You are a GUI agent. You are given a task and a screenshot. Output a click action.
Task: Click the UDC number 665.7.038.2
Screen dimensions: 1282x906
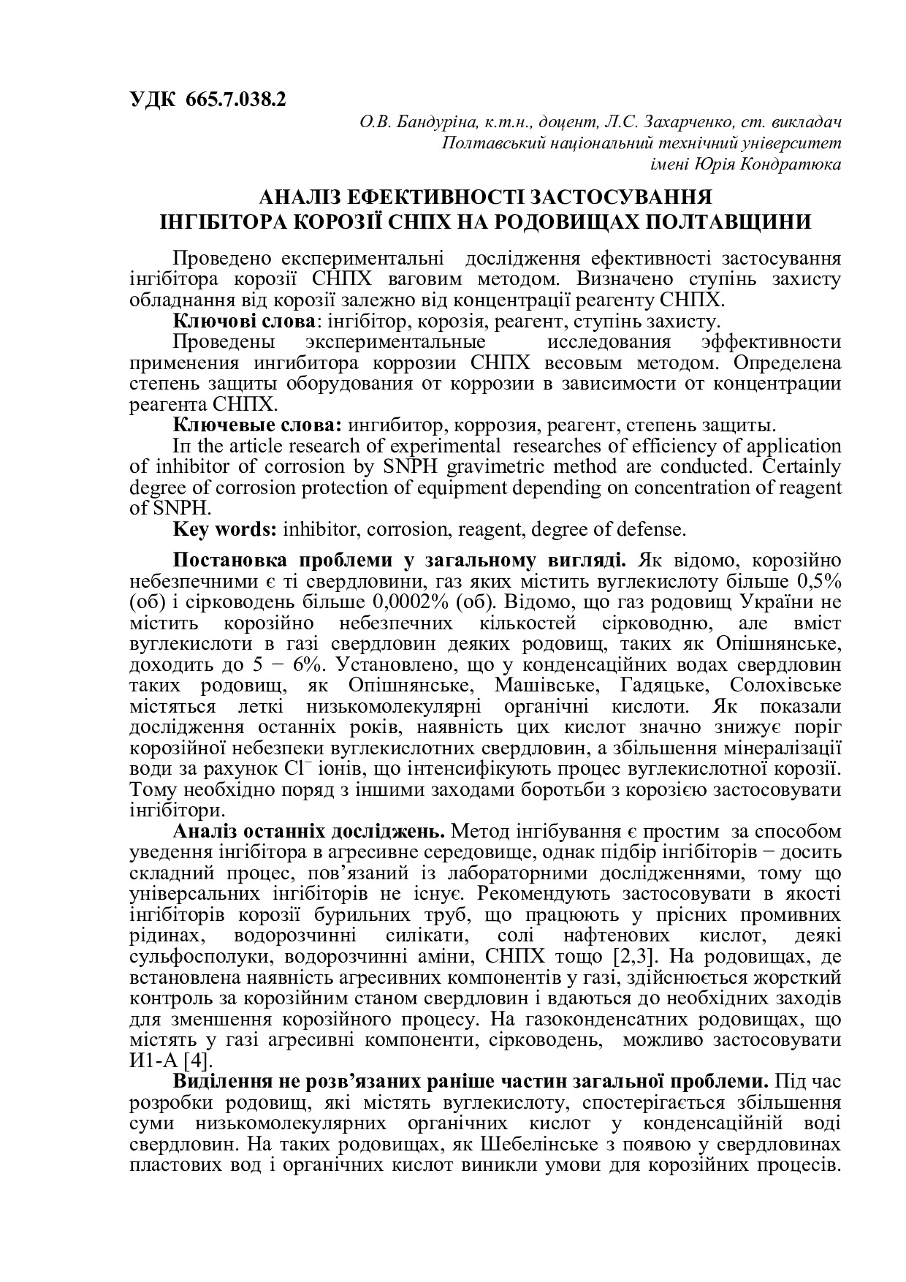[x=236, y=100]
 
